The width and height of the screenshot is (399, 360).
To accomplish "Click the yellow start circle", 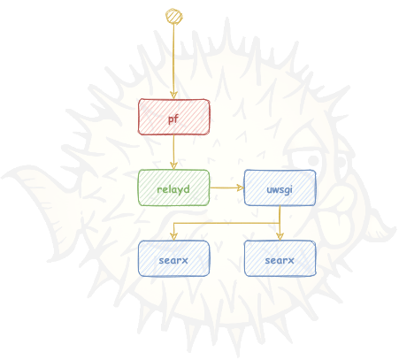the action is click(173, 16).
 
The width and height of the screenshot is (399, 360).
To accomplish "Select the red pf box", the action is click(174, 117).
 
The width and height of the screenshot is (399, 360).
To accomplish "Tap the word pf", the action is click(173, 119).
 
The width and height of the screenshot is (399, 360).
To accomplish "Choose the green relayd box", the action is click(174, 188).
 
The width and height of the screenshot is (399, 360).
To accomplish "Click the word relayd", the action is click(173, 189).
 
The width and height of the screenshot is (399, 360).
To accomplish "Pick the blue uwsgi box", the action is click(280, 188).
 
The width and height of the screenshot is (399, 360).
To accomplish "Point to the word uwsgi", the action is click(280, 189).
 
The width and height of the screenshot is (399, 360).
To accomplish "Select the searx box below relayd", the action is click(174, 258).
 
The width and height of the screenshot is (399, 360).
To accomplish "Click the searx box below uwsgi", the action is click(280, 258).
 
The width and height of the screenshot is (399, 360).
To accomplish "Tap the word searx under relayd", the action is click(173, 260).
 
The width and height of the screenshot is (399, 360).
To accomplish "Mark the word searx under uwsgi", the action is click(280, 260).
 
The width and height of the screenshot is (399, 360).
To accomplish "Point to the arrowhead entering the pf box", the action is click(173, 95).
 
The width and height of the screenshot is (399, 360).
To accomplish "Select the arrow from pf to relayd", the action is click(173, 152).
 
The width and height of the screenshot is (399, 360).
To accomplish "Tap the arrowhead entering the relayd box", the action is click(173, 165).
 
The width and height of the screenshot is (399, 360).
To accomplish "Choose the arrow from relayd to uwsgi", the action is click(226, 188).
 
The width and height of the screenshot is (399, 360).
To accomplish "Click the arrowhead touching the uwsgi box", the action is click(241, 188).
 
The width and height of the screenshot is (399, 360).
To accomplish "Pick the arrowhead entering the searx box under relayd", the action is click(173, 236).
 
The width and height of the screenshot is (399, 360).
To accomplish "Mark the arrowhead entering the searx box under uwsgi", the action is click(280, 236).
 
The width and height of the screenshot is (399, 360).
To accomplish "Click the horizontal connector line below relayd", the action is click(226, 223).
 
